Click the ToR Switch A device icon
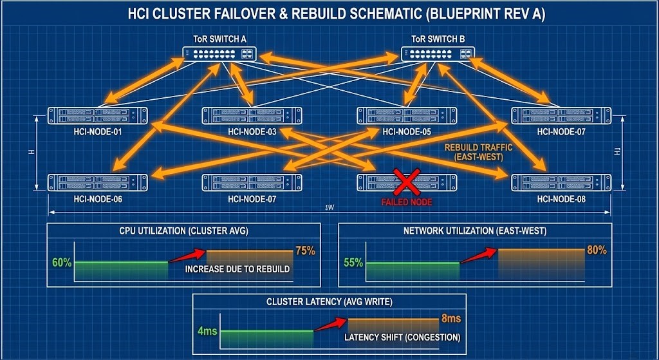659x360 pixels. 219,54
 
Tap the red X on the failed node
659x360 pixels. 407,182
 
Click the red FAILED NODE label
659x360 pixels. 407,202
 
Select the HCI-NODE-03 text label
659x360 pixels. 252,132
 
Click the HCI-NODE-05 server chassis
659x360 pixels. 407,116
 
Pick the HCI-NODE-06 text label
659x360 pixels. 98,199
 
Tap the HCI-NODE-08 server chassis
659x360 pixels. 561,182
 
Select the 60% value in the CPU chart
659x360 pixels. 62,263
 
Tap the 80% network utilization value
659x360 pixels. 597,251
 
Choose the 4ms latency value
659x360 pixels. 207,331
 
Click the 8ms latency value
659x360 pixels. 450,318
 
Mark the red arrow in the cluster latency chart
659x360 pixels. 329,325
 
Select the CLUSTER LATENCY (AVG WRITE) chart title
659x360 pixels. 329,301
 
